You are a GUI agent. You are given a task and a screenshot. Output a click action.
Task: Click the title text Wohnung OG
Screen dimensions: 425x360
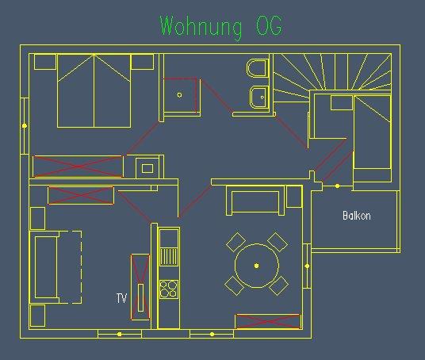tap(221, 26)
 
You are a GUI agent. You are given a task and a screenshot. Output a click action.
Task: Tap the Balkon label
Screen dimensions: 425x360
tap(357, 216)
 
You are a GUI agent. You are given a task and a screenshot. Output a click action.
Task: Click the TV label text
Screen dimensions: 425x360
tap(121, 298)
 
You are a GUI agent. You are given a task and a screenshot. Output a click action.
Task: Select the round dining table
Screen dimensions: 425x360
tap(257, 266)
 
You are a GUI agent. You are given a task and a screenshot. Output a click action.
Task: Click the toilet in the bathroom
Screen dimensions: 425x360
tap(258, 68)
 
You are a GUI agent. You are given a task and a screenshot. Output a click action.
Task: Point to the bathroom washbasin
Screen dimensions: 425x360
tap(259, 97)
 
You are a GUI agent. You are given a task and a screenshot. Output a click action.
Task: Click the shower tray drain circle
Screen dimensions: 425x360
tap(179, 95)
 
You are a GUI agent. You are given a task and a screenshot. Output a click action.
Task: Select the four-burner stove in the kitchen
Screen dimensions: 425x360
tap(169, 289)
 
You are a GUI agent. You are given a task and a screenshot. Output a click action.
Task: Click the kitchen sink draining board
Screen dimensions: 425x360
tap(169, 257)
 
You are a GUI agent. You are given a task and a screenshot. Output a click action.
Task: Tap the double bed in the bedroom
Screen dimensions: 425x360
tap(94, 91)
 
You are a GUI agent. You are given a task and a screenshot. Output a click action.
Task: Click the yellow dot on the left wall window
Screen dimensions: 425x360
tap(25, 126)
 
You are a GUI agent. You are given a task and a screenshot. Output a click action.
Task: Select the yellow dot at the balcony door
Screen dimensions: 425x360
tap(338, 186)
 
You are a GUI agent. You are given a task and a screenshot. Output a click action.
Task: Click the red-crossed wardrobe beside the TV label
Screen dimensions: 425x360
tap(140, 287)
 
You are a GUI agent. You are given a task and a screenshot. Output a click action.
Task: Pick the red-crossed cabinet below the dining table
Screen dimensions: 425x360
tap(268, 321)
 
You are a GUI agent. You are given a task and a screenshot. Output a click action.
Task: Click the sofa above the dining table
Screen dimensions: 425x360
tap(255, 201)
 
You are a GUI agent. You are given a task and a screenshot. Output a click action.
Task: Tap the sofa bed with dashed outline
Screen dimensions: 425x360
tap(56, 267)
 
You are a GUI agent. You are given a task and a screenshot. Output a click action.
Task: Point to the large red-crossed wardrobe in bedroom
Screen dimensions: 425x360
tap(78, 167)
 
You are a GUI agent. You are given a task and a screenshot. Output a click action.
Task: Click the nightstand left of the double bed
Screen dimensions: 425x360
tap(45, 62)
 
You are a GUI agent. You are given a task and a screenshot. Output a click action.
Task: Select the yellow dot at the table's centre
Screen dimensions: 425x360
tap(257, 266)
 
